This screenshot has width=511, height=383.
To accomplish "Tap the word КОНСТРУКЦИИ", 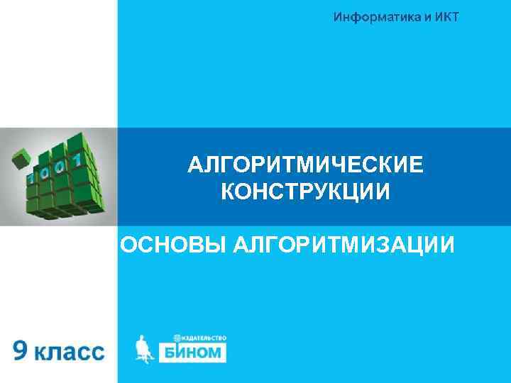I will pyautogui.click(x=306, y=192).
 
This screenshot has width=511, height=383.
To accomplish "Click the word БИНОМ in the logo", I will pyautogui.click(x=192, y=353).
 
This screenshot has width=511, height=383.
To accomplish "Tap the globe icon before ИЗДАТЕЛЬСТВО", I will pyautogui.click(x=176, y=339).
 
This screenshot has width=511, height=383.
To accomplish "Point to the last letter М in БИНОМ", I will pyautogui.click(x=216, y=353).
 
